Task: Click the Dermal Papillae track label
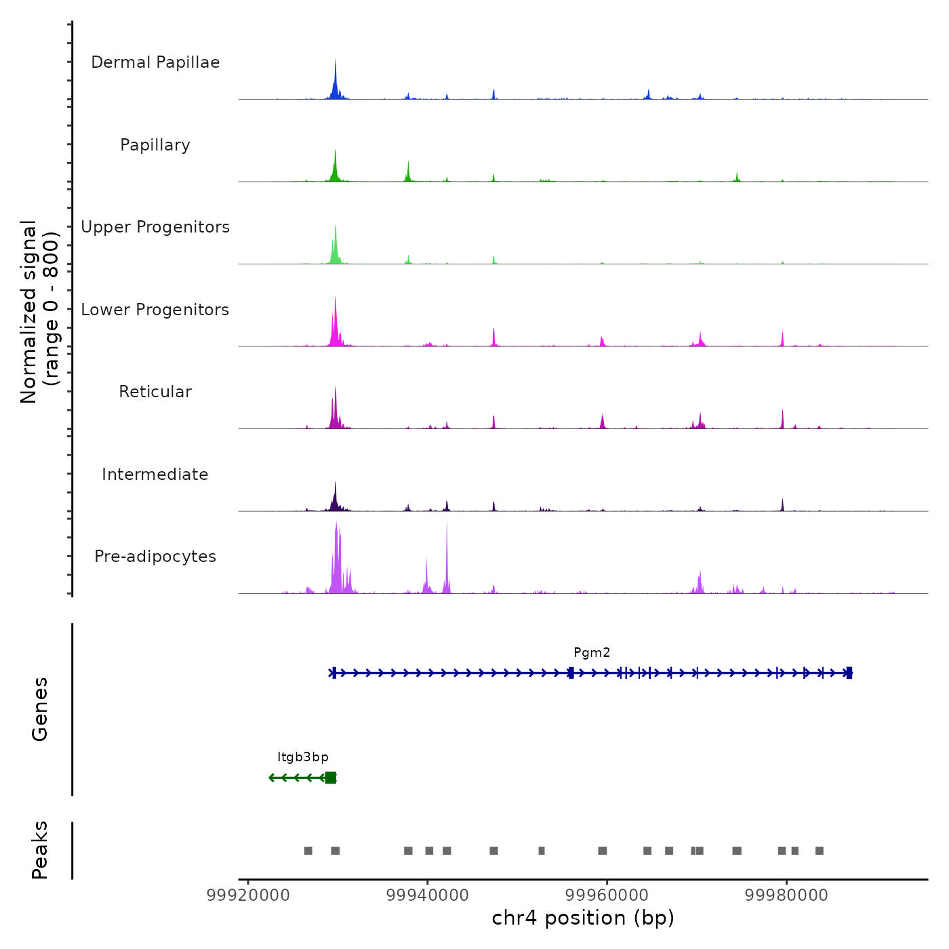tap(155, 62)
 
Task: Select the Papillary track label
tap(155, 145)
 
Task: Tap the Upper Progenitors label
tap(155, 227)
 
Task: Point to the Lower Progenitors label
tap(155, 310)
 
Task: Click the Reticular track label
tap(155, 392)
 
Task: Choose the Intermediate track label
tap(155, 474)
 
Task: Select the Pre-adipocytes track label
tap(155, 557)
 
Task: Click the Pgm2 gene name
tap(592, 653)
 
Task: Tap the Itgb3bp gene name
tap(303, 757)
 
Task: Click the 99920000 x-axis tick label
tap(248, 895)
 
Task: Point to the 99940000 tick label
tap(428, 895)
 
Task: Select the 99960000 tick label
tap(607, 895)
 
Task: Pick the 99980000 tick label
tap(786, 895)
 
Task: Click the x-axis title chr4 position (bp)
tap(583, 918)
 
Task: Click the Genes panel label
tap(40, 709)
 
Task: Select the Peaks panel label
tap(40, 850)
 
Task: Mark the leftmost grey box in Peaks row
tap(308, 851)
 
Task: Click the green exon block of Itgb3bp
tap(330, 778)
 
